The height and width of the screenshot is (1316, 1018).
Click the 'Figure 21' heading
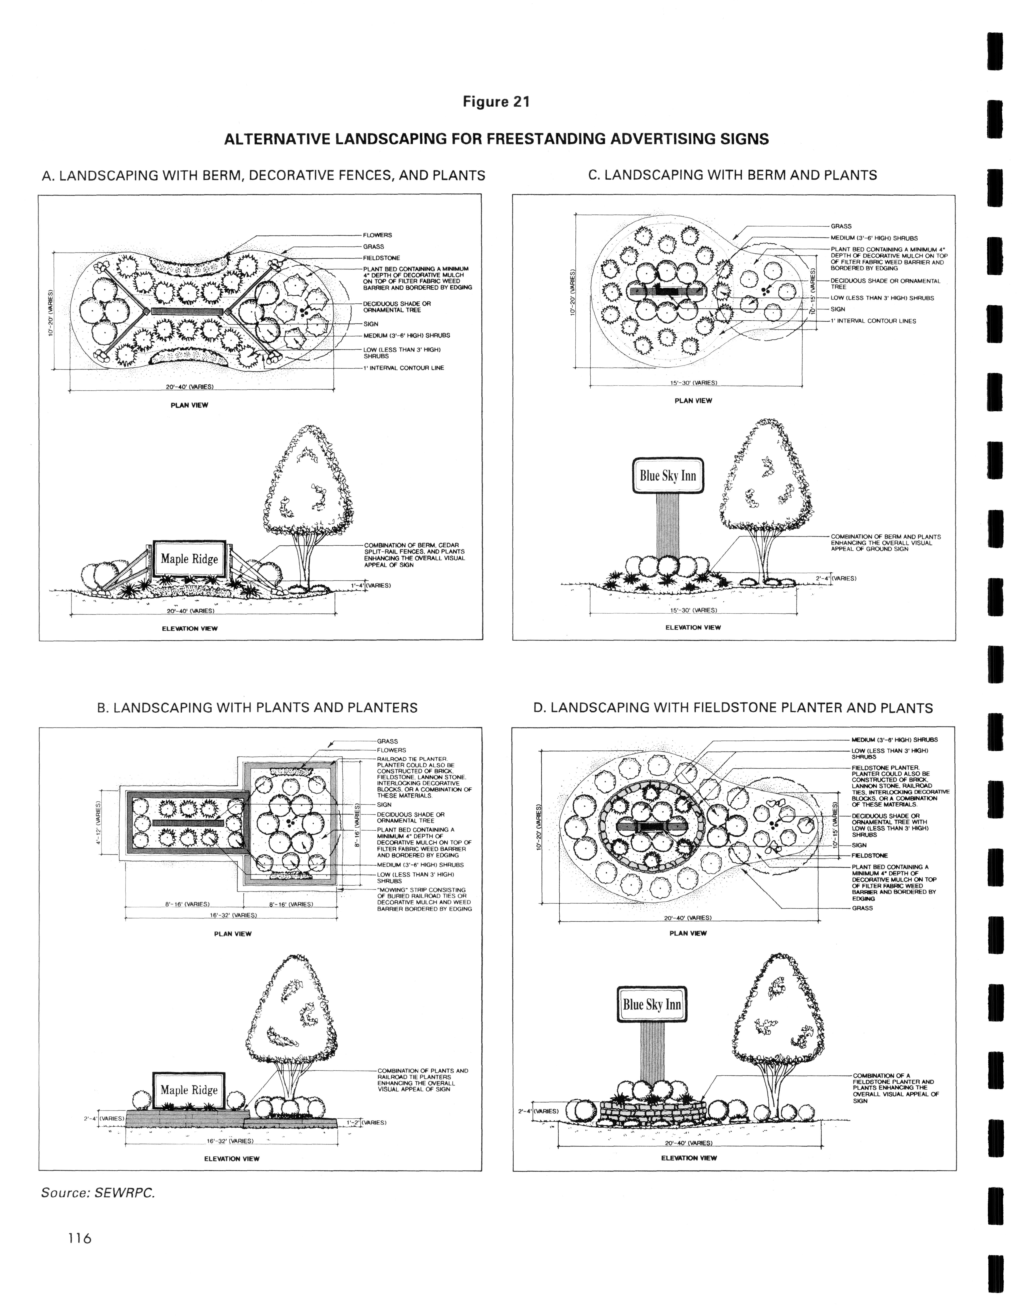point(496,102)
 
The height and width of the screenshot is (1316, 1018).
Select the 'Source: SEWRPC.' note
point(98,1193)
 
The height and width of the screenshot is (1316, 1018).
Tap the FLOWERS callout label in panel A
point(378,235)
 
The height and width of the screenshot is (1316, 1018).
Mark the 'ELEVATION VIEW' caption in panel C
point(692,627)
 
